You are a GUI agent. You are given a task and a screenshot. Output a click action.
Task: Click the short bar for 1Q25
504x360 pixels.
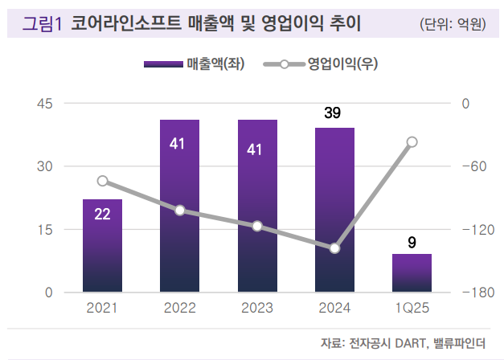412,273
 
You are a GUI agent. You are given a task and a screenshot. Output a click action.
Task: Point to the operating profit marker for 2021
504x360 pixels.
102,181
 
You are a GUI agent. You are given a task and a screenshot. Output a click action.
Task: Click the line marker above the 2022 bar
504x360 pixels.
180,211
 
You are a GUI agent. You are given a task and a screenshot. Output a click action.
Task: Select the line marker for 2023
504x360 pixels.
257,227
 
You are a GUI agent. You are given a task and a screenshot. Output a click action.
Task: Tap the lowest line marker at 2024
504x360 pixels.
334,248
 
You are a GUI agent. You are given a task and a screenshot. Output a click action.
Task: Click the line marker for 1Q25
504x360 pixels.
412,142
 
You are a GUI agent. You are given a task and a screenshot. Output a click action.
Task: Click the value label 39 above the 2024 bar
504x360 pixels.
333,113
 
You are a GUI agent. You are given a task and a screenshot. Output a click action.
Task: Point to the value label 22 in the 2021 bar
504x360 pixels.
102,214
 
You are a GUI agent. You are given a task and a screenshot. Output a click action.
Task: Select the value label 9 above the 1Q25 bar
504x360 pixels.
412,240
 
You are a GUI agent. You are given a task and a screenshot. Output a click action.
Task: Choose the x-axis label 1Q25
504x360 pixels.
412,308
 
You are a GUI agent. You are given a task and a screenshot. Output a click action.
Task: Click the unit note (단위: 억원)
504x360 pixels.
453,24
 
